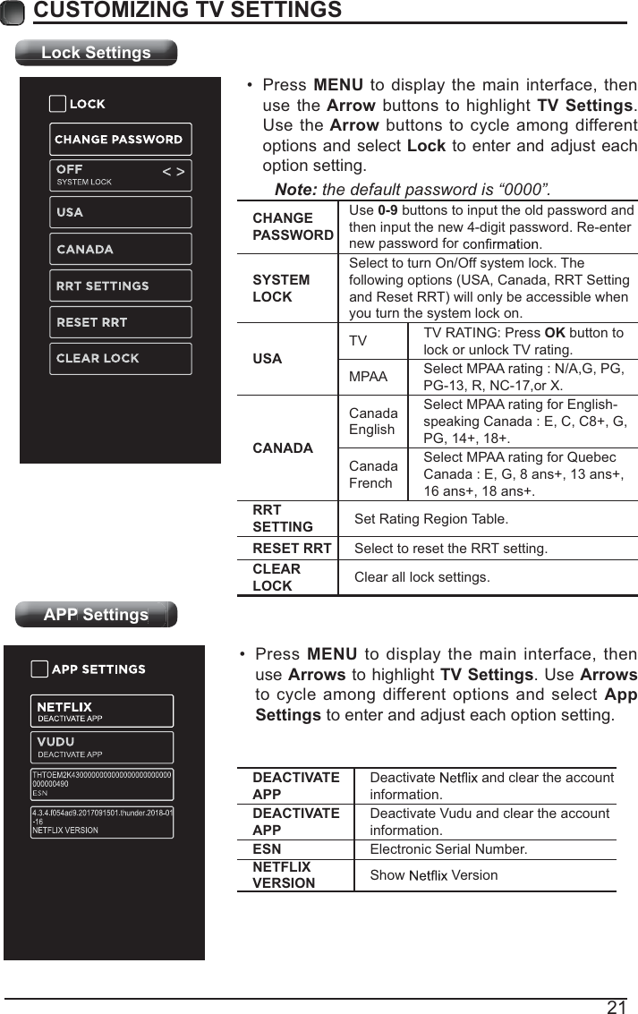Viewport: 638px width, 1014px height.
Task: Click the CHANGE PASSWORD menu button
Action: (x=120, y=140)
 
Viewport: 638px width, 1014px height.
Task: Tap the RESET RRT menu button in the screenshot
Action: (x=120, y=322)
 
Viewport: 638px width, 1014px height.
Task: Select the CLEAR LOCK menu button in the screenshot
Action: (x=120, y=359)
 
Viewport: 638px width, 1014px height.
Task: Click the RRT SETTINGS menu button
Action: (x=120, y=285)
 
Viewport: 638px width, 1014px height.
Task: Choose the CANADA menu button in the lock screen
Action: (x=120, y=249)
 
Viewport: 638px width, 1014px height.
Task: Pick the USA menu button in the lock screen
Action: (x=120, y=212)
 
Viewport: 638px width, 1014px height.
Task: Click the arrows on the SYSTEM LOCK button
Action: (x=174, y=172)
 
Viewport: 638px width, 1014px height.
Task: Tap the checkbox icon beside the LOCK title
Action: (x=57, y=105)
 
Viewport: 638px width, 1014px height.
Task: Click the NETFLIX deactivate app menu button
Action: (x=102, y=712)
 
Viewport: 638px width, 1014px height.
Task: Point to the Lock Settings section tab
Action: (x=97, y=53)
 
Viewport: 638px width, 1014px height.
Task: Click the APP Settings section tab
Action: (x=97, y=615)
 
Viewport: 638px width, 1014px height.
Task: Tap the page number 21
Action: (x=616, y=1008)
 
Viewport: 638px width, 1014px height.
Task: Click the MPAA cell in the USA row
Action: (x=370, y=378)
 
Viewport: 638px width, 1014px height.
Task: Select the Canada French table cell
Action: (x=373, y=474)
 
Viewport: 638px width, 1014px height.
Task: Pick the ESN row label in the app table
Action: (x=267, y=849)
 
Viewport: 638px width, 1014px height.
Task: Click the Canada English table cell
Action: (x=373, y=422)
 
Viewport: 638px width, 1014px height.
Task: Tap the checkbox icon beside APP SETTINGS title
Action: (x=39, y=670)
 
